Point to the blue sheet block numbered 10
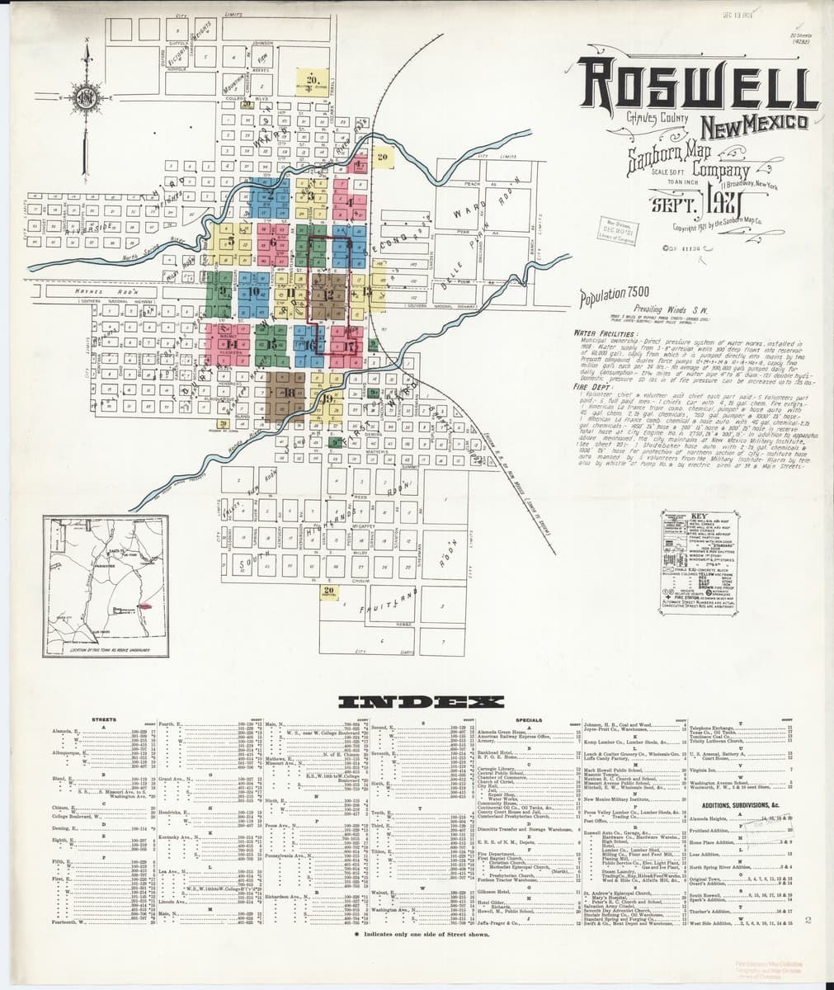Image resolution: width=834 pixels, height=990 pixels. click(x=255, y=292)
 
